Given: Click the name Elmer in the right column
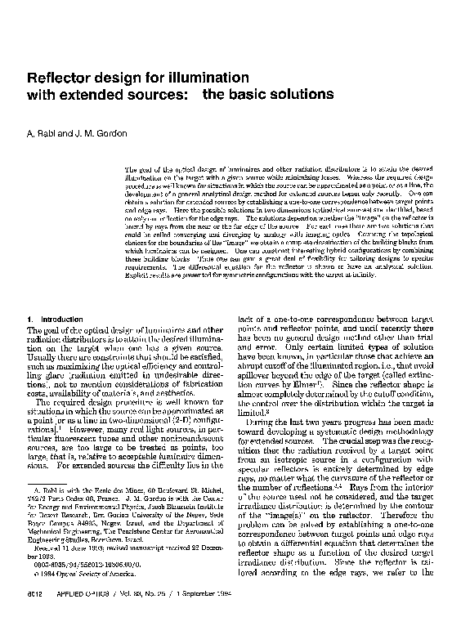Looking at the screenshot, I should (x=294, y=382).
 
